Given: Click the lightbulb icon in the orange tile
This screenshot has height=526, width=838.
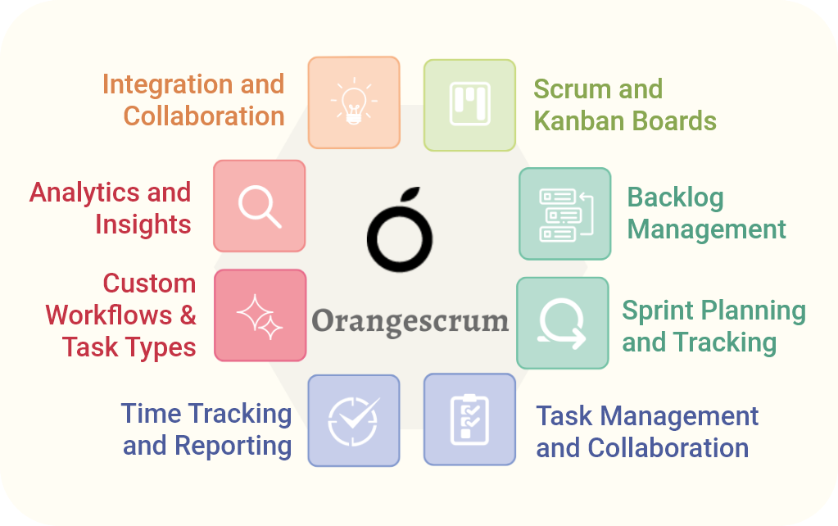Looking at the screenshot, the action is pos(354,101).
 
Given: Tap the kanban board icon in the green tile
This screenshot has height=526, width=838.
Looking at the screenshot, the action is pos(469,104).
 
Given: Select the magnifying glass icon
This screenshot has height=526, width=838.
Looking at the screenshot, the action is pos(260,206).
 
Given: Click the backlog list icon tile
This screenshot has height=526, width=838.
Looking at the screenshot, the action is pos(565,214).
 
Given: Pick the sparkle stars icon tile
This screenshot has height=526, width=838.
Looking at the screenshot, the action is pos(260,315).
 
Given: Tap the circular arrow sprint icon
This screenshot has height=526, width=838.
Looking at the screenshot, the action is pos(562,324).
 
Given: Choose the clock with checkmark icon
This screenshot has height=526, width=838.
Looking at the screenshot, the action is pos(354,421).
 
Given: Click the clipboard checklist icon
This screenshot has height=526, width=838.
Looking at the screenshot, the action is pos(469,419).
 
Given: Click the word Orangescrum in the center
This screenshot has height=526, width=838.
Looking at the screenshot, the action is pos(410,322).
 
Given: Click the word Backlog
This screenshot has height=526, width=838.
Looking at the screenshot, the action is pos(676,197).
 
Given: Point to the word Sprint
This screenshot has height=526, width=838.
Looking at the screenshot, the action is pos(659,311).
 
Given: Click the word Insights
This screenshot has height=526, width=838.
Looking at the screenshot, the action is pos(143,224).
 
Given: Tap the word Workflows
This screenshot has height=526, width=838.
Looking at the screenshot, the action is pos(109,315).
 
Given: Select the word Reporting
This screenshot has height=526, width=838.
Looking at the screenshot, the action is pos(233,447).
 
